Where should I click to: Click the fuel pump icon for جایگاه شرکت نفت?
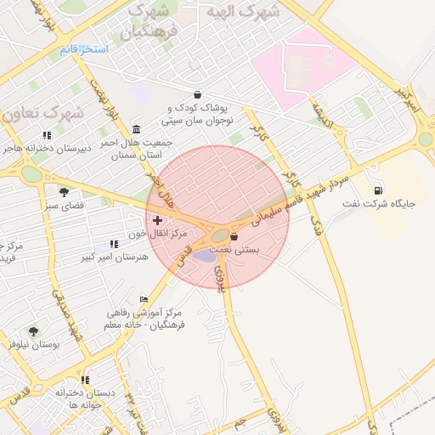377,189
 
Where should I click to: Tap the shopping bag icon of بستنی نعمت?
234,237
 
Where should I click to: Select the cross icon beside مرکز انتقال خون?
157,220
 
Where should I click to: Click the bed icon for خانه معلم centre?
144,299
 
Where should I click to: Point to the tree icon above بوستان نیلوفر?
33,330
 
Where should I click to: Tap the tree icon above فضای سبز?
64,191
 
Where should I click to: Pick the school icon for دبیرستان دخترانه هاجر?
47,135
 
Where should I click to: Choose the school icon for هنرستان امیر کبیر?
114,245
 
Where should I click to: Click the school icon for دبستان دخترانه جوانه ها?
85,380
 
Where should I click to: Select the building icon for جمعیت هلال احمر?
137,129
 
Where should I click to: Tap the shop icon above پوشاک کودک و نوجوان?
198,95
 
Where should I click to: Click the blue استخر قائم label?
83,49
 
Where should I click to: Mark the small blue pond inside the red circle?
205,255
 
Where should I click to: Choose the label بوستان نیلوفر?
33,344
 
